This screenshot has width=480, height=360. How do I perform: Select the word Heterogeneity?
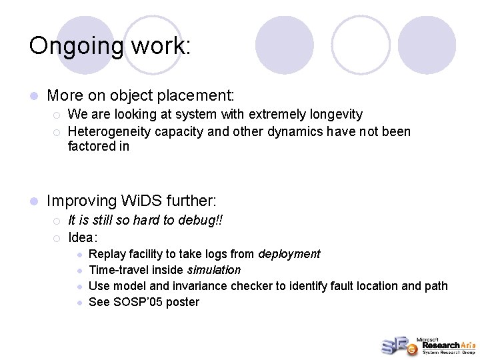[109, 131]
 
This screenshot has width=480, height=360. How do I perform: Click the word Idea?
[83, 237]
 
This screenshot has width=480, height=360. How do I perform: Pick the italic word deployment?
[289, 254]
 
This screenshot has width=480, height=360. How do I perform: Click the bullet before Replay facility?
[79, 255]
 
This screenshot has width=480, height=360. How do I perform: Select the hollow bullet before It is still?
[57, 221]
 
